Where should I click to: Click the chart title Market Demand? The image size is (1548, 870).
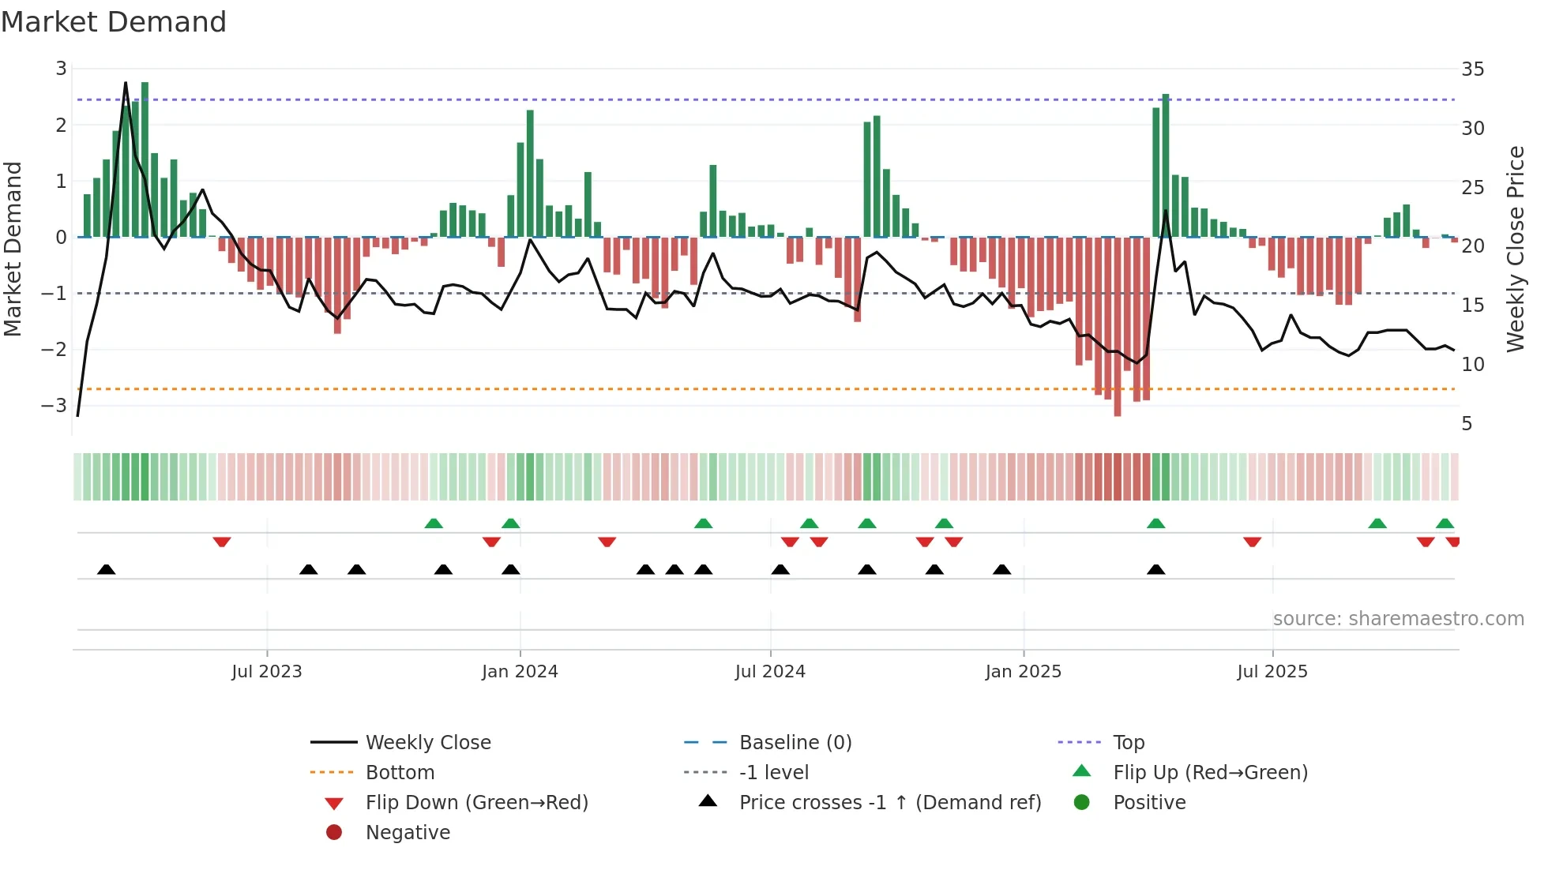(x=114, y=22)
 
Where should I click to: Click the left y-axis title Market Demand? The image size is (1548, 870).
(x=13, y=249)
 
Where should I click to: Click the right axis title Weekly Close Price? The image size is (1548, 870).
(x=1515, y=249)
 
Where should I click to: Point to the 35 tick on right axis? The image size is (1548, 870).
(x=1472, y=69)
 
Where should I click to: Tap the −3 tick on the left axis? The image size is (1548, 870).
(x=54, y=406)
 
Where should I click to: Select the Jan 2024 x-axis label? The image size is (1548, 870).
(x=520, y=672)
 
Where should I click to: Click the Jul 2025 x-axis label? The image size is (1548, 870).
(x=1272, y=672)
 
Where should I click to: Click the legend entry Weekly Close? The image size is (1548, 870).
(x=428, y=743)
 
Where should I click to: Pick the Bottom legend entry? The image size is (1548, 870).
(x=400, y=773)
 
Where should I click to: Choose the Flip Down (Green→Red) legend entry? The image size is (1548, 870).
(x=476, y=803)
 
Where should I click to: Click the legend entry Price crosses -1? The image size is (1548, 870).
(x=889, y=803)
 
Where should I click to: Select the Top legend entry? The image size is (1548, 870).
(x=1129, y=743)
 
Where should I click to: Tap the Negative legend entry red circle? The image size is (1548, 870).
(x=334, y=833)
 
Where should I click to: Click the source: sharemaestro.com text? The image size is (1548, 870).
(x=1398, y=619)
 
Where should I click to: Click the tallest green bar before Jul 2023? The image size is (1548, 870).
(x=145, y=158)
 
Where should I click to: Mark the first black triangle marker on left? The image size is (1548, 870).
(x=107, y=569)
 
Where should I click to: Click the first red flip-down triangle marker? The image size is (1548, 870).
(x=222, y=542)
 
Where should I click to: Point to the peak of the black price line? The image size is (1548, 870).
(x=126, y=82)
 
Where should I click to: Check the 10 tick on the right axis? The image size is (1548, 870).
(x=1472, y=365)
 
